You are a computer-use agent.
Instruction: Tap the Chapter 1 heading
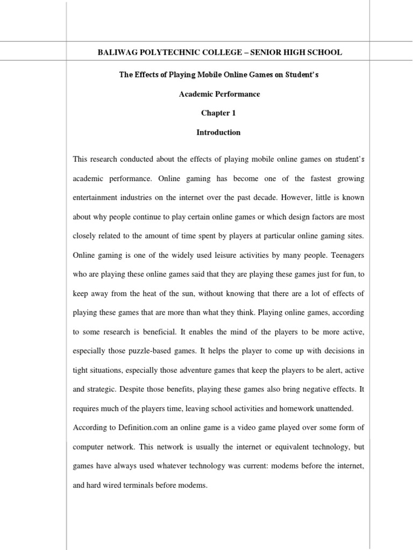tap(218, 113)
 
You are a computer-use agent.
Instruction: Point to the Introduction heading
tap(218, 132)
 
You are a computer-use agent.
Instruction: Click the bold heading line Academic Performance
tap(219, 94)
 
